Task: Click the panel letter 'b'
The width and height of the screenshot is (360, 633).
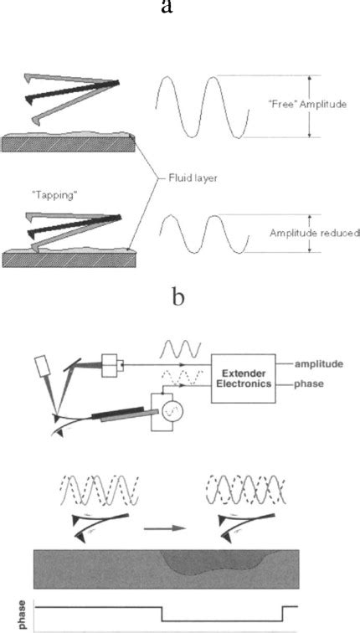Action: pos(178,298)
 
